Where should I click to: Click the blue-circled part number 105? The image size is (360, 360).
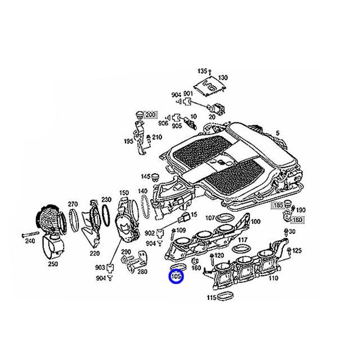click(176, 276)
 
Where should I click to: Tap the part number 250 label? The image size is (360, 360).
click(53, 264)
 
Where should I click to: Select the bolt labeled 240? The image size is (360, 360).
click(30, 235)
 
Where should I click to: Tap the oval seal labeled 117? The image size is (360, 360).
click(240, 248)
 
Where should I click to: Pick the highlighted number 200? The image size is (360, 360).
click(150, 114)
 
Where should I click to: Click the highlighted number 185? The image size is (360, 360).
click(278, 205)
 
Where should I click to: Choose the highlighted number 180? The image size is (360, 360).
click(298, 220)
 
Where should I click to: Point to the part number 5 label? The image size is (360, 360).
click(278, 133)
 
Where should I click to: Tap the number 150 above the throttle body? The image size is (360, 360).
click(124, 192)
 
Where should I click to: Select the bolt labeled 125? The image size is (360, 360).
click(289, 251)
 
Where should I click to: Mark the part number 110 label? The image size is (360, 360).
click(273, 278)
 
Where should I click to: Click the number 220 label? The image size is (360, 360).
click(94, 254)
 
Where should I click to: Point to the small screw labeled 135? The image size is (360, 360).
click(209, 73)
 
